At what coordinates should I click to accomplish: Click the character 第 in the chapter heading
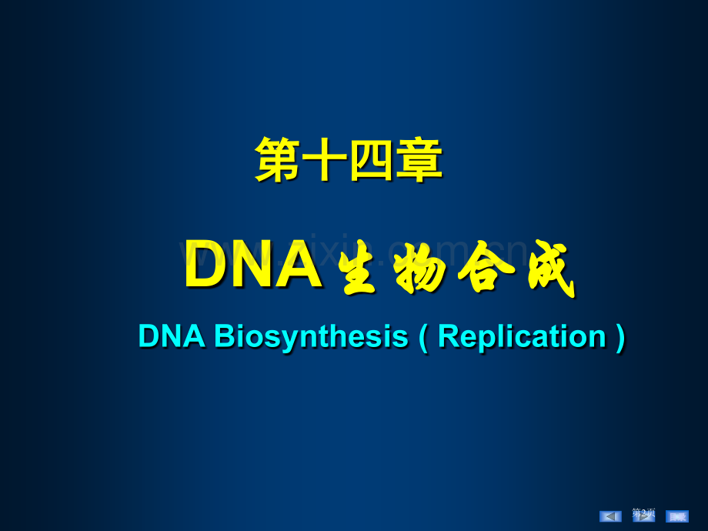278,160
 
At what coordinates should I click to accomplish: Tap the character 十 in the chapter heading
325,160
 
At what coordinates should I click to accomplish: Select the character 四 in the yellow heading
372,160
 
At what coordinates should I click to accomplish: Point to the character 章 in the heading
419,160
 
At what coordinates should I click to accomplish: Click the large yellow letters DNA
252,265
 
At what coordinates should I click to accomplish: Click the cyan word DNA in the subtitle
172,337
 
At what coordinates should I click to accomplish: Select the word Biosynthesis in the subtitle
310,337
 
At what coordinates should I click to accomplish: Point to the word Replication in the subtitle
522,337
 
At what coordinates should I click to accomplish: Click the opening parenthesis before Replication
422,337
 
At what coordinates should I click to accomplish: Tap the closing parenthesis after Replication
620,337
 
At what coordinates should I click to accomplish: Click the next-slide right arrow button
643,516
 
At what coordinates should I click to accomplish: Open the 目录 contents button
677,516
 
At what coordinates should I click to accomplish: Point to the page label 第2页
643,512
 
